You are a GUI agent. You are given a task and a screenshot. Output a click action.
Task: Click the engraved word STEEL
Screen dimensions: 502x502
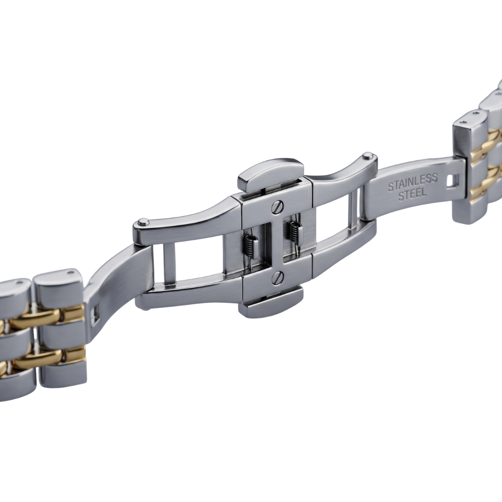pos(413,194)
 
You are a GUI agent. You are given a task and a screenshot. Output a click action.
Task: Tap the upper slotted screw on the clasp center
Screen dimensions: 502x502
pos(277,207)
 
